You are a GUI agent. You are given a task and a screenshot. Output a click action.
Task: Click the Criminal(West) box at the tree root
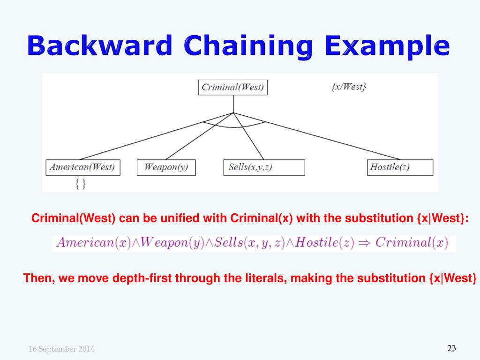pyautogui.click(x=232, y=87)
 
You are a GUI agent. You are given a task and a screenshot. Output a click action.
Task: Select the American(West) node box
pyautogui.click(x=82, y=167)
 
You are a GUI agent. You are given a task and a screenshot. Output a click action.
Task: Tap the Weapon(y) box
pyautogui.click(x=166, y=167)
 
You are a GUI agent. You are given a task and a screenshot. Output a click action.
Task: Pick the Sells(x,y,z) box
pyautogui.click(x=264, y=167)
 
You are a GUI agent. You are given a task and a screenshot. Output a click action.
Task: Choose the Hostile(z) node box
pyautogui.click(x=399, y=167)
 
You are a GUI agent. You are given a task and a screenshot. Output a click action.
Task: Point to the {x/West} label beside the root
pyautogui.click(x=348, y=87)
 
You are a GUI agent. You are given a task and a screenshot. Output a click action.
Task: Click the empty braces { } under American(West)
pyautogui.click(x=80, y=184)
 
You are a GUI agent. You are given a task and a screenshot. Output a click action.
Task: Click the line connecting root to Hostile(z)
pyautogui.click(x=328, y=139)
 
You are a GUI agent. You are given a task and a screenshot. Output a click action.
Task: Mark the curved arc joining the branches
pyautogui.click(x=234, y=127)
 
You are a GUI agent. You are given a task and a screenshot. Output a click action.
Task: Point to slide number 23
pyautogui.click(x=451, y=348)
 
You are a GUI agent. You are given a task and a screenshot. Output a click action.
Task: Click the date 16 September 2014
pyautogui.click(x=61, y=349)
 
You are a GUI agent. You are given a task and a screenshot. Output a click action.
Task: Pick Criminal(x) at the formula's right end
pyautogui.click(x=412, y=243)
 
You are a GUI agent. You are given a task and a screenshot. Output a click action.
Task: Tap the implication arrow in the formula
pyautogui.click(x=365, y=243)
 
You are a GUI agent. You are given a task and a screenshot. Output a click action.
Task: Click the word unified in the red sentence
pyautogui.click(x=181, y=218)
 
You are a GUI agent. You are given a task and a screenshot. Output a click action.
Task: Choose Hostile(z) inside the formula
pyautogui.click(x=324, y=243)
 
